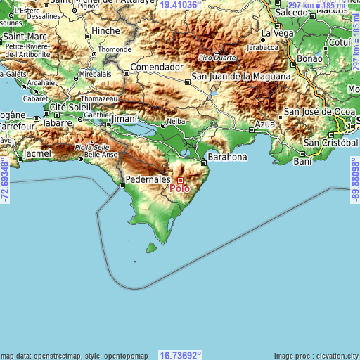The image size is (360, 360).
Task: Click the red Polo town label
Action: (x=179, y=188)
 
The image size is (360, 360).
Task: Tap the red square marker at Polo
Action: (x=180, y=180)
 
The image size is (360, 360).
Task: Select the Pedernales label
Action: (x=147, y=179)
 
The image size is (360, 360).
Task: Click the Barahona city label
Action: (x=226, y=157)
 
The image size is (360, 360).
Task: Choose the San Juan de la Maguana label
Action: (x=240, y=76)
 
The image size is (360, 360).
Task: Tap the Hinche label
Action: (x=106, y=32)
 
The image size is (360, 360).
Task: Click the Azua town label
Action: (x=264, y=124)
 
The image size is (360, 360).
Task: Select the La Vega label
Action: (x=276, y=33)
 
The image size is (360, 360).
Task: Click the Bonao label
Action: (x=310, y=59)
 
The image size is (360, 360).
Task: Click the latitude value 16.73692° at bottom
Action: (x=180, y=355)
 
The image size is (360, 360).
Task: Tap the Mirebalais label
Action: (x=96, y=73)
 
